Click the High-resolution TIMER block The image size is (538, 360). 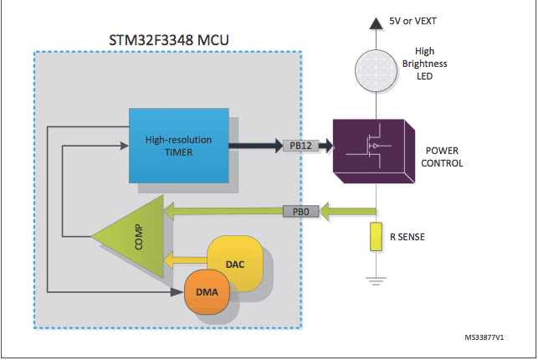179,145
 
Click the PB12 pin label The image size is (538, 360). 298,146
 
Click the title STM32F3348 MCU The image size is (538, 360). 167,38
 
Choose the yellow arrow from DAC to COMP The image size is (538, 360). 186,260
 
